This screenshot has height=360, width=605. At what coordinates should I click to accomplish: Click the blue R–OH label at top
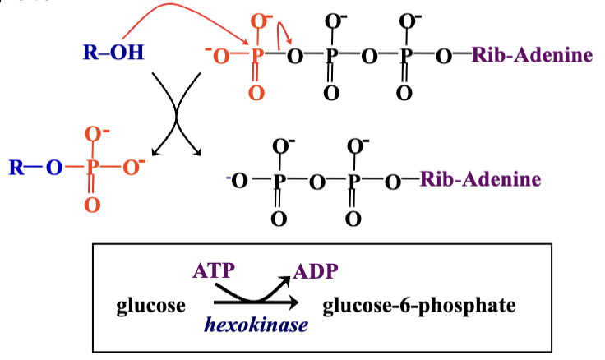113,54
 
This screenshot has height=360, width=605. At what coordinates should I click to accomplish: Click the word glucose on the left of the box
151,306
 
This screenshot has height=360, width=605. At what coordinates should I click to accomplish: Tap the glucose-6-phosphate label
419,306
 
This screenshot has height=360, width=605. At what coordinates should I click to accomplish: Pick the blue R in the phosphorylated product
16,168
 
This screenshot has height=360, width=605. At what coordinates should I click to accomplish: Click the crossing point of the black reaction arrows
175,113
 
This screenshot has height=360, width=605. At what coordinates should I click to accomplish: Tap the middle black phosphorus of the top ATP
331,56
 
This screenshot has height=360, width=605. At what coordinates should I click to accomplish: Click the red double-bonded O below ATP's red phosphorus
256,94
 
